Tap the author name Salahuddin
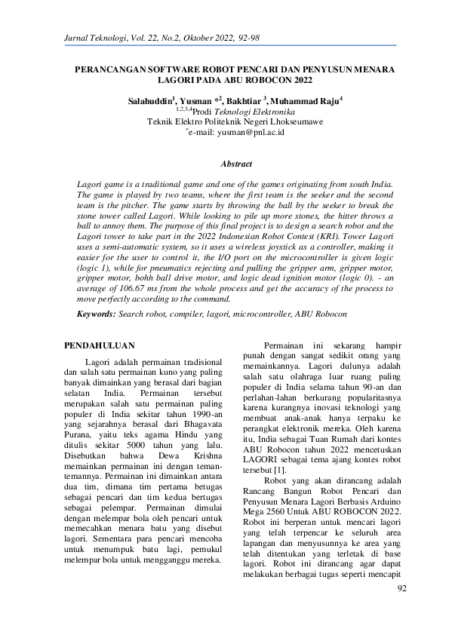pyautogui.click(x=149, y=100)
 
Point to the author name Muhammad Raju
pyautogui.click(x=309, y=100)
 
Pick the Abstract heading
pyautogui.click(x=235, y=163)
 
